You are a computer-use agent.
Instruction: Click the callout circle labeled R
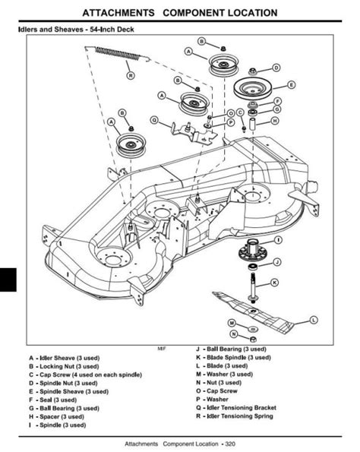click(131, 75)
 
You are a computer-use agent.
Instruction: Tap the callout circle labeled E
click(291, 85)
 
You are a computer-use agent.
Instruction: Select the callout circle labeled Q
click(154, 119)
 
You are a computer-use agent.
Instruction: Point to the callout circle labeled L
click(314, 320)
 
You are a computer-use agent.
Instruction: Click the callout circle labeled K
click(275, 282)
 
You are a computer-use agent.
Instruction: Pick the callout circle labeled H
click(275, 121)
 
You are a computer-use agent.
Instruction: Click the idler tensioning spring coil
click(118, 54)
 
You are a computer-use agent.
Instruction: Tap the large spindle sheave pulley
click(252, 88)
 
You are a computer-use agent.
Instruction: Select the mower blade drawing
click(253, 312)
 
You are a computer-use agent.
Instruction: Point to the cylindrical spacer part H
click(253, 124)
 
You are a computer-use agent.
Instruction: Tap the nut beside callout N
click(253, 339)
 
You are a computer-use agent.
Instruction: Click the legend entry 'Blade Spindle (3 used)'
click(233, 358)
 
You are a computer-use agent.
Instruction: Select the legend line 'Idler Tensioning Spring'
click(235, 416)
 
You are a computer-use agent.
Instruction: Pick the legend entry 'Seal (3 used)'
click(52, 400)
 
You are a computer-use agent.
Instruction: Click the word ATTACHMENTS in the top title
click(118, 13)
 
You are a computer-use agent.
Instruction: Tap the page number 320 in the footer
click(230, 444)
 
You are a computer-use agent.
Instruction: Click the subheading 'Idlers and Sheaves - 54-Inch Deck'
click(76, 30)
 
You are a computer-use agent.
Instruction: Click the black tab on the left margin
click(8, 280)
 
